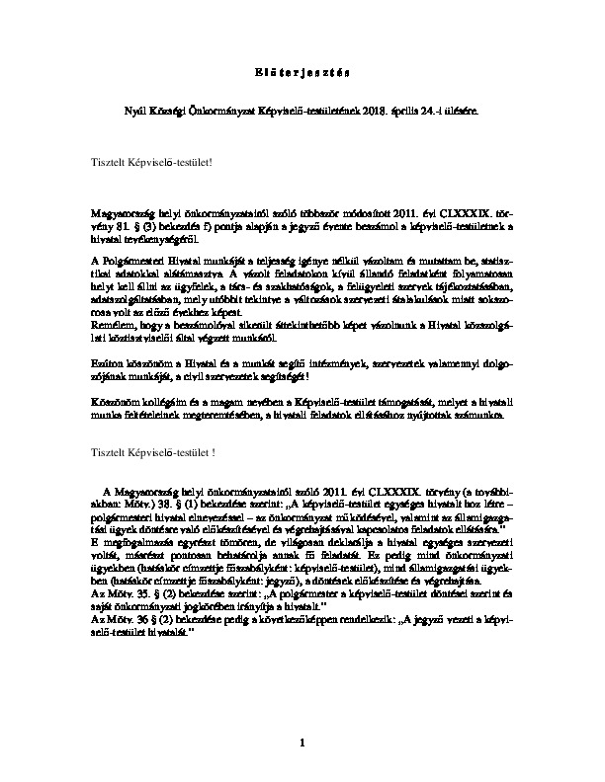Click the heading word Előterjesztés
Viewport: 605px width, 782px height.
(302, 73)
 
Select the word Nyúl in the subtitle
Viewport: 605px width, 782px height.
(130, 115)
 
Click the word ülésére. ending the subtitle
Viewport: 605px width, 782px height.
(466, 115)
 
